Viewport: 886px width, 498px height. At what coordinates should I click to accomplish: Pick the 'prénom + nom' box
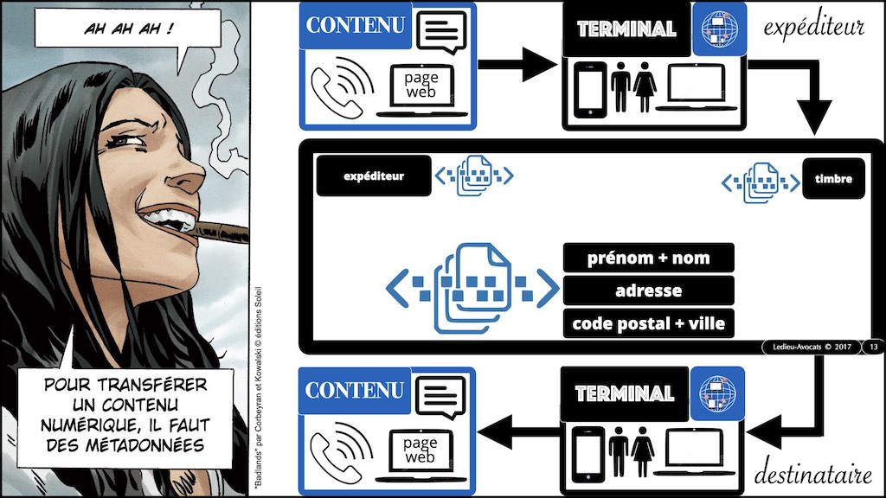point(648,258)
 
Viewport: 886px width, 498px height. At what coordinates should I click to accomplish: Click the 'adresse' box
point(648,290)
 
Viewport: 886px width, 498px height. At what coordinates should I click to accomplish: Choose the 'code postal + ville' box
point(648,323)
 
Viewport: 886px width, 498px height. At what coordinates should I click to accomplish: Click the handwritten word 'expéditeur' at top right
point(813,28)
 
